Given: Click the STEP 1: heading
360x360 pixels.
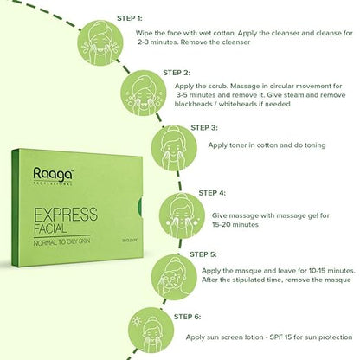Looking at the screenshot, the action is tap(130, 18).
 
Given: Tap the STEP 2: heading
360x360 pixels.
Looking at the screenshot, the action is tap(177, 73).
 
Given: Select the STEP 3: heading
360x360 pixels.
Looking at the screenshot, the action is tap(204, 128).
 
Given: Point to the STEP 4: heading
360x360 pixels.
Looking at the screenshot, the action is tap(212, 193).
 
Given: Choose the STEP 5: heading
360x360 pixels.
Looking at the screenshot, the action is tap(203, 254).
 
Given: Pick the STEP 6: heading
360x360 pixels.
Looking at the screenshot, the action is tap(187, 317).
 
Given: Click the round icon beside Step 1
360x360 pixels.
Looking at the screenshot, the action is tap(100, 42).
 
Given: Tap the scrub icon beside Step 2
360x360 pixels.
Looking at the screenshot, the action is tap(144, 93).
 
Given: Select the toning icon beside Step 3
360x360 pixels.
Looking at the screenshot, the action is tap(174, 148).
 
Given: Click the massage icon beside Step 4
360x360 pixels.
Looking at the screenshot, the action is tap(182, 215).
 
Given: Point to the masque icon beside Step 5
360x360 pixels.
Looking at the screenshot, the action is tap(174, 278).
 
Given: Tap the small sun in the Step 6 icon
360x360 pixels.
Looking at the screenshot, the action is tap(137, 321).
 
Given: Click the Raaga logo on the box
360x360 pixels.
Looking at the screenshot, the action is tap(53, 176).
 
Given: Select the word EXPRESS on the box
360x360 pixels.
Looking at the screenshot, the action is tap(66, 215).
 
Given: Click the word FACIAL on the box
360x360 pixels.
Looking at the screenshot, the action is tap(50, 228).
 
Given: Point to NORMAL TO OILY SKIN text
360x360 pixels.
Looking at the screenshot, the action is tap(61, 242).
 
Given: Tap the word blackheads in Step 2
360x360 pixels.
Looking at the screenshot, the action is tap(193, 104).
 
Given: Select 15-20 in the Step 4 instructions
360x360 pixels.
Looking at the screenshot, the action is tap(222, 224).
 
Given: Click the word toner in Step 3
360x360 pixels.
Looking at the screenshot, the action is tap(238, 145).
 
